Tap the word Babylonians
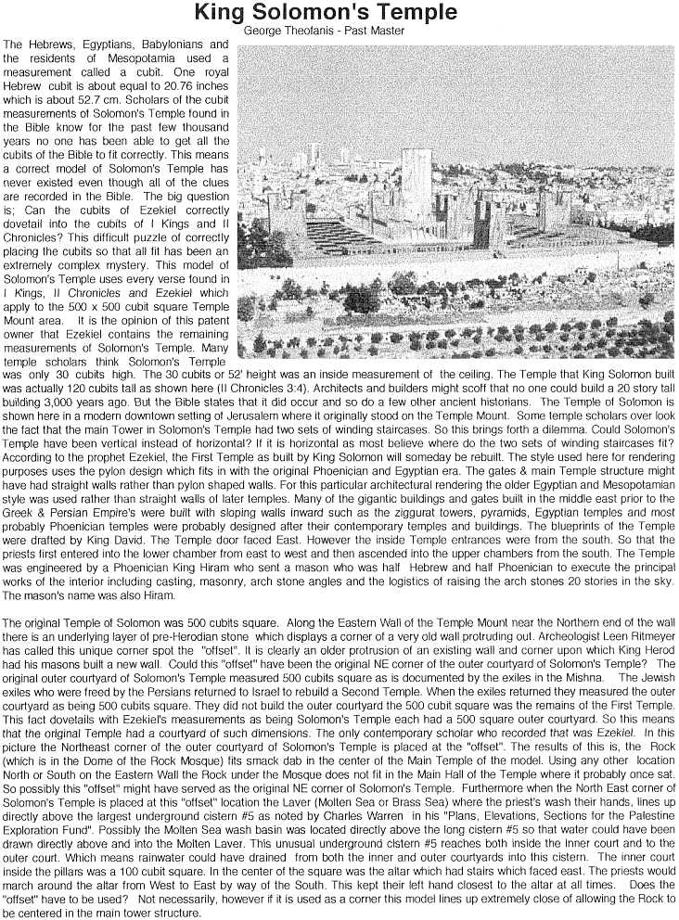161,45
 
